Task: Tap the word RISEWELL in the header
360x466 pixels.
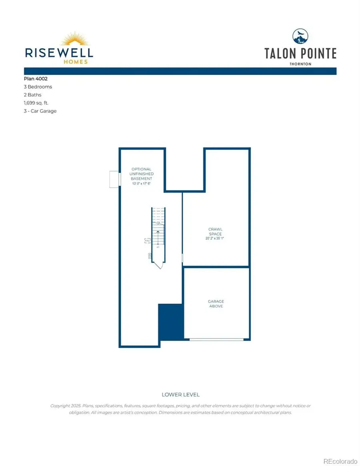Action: [59, 52]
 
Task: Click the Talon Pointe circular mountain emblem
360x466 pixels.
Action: [300, 37]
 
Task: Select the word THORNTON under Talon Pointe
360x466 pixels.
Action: [300, 64]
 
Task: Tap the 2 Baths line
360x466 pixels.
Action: [32, 95]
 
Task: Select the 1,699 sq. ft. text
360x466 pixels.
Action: [36, 103]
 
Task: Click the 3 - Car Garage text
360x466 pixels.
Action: [40, 111]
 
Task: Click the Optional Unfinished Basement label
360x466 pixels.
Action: [142, 174]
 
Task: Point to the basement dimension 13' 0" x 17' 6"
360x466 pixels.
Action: [142, 184]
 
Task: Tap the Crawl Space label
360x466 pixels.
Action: [215, 232]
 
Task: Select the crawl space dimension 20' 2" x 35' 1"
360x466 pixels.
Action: [215, 238]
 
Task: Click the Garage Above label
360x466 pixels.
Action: [216, 304]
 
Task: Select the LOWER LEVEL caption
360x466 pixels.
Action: [180, 395]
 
